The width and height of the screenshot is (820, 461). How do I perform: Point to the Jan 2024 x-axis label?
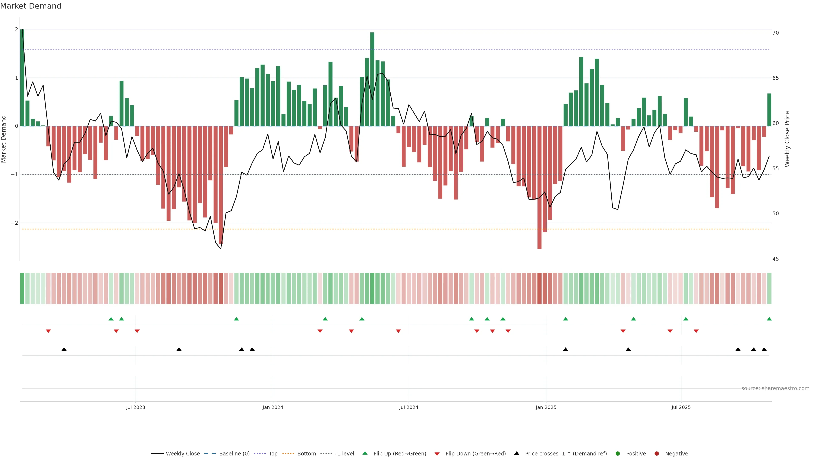pyautogui.click(x=273, y=407)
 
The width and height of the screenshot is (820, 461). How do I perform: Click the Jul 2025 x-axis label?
pyautogui.click(x=681, y=407)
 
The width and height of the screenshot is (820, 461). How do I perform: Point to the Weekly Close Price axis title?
pyautogui.click(x=787, y=139)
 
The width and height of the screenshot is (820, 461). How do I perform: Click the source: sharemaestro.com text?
pyautogui.click(x=775, y=388)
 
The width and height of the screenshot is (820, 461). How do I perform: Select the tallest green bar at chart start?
pyautogui.click(x=22, y=78)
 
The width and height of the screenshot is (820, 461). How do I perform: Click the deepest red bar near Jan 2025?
pyautogui.click(x=539, y=188)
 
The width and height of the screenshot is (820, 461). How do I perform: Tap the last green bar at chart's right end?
pyautogui.click(x=769, y=110)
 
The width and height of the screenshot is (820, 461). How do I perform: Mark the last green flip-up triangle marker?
pyautogui.click(x=769, y=319)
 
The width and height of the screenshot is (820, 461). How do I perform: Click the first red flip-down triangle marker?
pyautogui.click(x=48, y=331)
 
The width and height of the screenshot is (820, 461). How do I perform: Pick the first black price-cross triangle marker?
pyautogui.click(x=64, y=349)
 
